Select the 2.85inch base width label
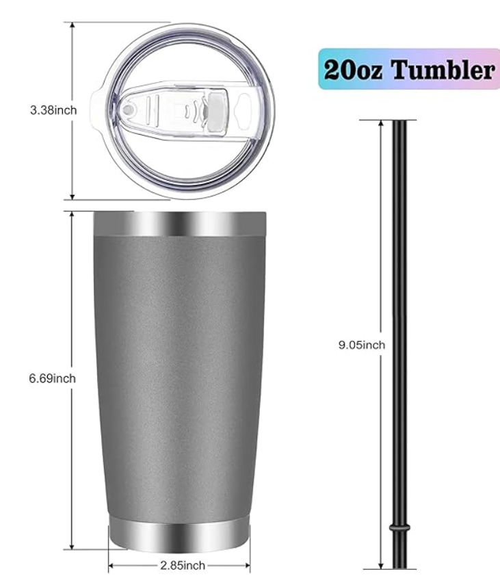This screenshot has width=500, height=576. pyautogui.click(x=182, y=565)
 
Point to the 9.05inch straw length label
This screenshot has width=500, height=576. pyautogui.click(x=361, y=345)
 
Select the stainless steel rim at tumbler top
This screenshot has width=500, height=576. pyautogui.click(x=179, y=222)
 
